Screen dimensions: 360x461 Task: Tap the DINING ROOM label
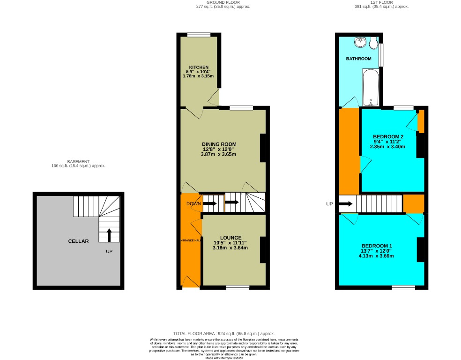tap(219, 144)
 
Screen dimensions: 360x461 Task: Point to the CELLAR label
tap(78, 241)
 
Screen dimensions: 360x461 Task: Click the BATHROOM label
tap(358, 59)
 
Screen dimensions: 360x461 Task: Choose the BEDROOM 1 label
tap(377, 246)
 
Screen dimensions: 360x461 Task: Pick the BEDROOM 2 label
tap(388, 136)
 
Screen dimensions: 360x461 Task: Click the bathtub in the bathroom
tap(370, 87)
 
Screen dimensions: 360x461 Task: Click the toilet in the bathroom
tap(373, 44)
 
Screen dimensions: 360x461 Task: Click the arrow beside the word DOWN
tap(210, 203)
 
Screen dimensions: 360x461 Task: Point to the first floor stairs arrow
tap(346, 204)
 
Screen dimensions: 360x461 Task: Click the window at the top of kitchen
tap(199, 34)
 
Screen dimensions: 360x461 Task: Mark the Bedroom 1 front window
tap(403, 287)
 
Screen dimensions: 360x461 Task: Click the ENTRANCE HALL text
tap(190, 240)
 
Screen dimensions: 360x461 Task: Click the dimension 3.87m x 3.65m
tap(219, 154)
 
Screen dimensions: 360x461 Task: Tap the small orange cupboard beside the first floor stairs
tap(414, 203)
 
